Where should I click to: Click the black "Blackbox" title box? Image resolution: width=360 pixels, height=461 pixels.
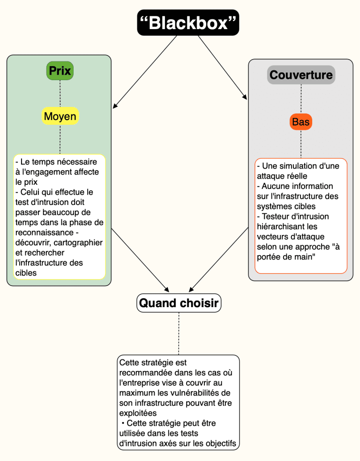[x=188, y=23]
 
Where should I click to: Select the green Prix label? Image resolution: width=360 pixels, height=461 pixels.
[x=60, y=70]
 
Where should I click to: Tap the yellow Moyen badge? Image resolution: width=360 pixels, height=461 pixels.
[x=60, y=116]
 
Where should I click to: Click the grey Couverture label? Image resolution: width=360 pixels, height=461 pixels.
[x=301, y=75]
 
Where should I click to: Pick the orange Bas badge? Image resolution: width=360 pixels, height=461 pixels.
[x=301, y=122]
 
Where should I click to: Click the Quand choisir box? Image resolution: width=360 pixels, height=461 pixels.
[x=179, y=303]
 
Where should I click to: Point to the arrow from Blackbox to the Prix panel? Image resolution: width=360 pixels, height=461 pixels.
[x=145, y=72]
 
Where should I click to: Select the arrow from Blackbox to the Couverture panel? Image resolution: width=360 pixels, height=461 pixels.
[x=223, y=68]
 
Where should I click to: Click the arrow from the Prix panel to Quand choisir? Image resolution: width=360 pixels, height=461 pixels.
[x=140, y=260]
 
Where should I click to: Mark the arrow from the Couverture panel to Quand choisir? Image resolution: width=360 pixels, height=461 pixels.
[x=218, y=260]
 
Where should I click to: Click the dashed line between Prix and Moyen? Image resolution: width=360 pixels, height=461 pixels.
[x=60, y=93]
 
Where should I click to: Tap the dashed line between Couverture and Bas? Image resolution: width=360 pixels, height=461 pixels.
[x=301, y=99]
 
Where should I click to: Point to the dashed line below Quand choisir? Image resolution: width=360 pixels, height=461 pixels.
[x=179, y=333]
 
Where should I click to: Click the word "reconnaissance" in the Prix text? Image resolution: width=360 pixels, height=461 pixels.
[x=45, y=233]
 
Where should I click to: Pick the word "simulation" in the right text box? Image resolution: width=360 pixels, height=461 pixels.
[x=297, y=166]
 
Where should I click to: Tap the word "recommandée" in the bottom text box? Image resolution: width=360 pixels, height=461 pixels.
[x=146, y=373]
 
